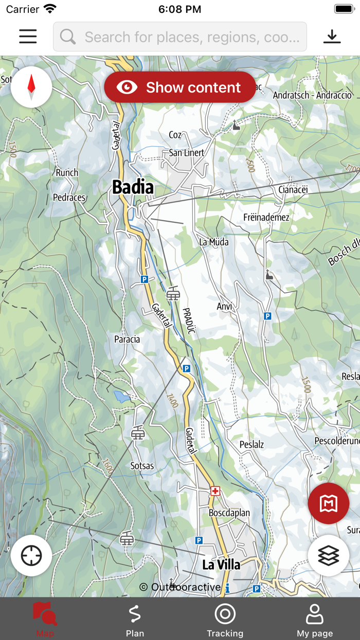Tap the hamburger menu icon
point(28,37)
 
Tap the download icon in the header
point(332,37)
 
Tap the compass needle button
point(31,87)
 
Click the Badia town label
point(133,187)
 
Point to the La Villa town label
point(221,565)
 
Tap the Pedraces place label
point(69,198)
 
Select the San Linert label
point(187,153)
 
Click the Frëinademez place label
point(266,218)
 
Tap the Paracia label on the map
point(127,340)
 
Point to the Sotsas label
point(142,466)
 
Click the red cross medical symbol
point(215,491)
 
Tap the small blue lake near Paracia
point(122,397)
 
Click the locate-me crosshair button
point(31,556)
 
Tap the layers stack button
point(329,556)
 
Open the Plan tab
point(135,619)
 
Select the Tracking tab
point(225,619)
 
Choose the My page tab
point(315,619)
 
